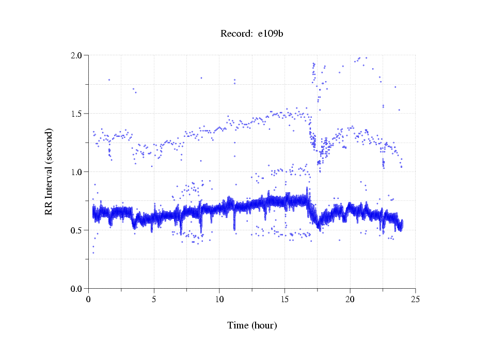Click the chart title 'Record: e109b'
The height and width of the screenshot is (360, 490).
click(x=252, y=34)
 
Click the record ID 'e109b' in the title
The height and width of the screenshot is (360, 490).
click(x=271, y=34)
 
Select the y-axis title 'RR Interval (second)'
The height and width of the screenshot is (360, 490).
click(x=49, y=171)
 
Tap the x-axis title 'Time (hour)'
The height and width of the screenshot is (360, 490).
click(x=252, y=325)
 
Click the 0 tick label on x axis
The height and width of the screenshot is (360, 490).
click(x=89, y=300)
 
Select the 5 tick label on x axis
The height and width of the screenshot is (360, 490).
click(x=154, y=300)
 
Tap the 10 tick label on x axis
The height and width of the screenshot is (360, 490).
click(x=219, y=300)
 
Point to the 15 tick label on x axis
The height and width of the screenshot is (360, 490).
click(x=284, y=300)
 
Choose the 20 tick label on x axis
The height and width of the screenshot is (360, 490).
click(x=350, y=300)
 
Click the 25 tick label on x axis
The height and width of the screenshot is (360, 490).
click(x=415, y=300)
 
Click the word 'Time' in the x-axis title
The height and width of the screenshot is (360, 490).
click(x=238, y=325)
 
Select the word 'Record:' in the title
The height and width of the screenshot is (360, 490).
click(x=236, y=34)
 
